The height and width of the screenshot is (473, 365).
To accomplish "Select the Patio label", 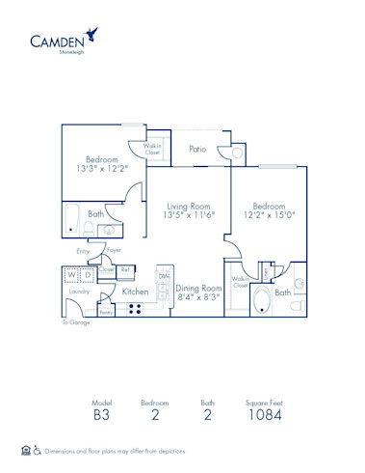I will (198, 149).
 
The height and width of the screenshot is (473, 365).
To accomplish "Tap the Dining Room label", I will (199, 288).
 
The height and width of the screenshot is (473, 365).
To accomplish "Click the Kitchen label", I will (135, 291).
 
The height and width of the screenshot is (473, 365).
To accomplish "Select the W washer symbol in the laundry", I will (70, 275).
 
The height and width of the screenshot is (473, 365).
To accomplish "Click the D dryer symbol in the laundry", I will (87, 275).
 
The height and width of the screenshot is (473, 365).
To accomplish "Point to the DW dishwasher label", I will (164, 276).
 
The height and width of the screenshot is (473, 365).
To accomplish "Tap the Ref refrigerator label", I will (126, 269).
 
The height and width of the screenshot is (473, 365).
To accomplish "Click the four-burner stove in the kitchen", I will (136, 309).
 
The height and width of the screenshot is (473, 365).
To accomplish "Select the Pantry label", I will (106, 312).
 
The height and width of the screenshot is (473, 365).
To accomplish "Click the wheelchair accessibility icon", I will (37, 450).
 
